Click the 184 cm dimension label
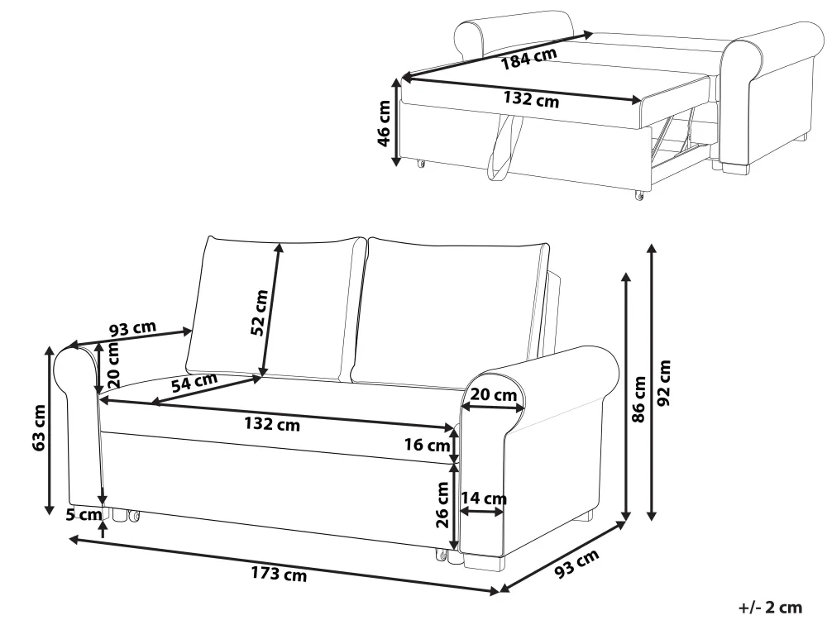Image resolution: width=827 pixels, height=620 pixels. pyautogui.click(x=528, y=59)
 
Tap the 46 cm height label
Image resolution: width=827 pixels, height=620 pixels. pyautogui.click(x=384, y=124)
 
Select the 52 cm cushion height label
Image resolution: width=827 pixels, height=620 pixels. pyautogui.click(x=260, y=312)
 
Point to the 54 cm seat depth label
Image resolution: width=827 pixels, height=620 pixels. pyautogui.click(x=194, y=382)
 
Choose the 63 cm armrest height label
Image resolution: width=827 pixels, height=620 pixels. pyautogui.click(x=40, y=427)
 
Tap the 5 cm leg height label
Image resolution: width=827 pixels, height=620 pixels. pyautogui.click(x=84, y=514)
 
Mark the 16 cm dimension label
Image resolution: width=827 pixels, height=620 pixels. pyautogui.click(x=428, y=445)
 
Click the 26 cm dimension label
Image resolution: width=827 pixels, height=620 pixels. pyautogui.click(x=442, y=504)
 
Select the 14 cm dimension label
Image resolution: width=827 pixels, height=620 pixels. pyautogui.click(x=484, y=498)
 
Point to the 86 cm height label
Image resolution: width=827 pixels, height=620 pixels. pyautogui.click(x=638, y=399)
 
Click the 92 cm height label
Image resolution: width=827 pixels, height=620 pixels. pyautogui.click(x=665, y=383)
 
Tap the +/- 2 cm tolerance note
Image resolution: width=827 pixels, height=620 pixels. pyautogui.click(x=770, y=608)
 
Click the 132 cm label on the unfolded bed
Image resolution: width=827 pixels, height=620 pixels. pyautogui.click(x=531, y=98)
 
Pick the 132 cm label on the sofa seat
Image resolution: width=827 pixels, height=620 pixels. pyautogui.click(x=272, y=424)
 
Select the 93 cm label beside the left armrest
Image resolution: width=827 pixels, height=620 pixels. pyautogui.click(x=133, y=329)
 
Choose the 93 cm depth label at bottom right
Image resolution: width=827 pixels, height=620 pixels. pyautogui.click(x=577, y=563)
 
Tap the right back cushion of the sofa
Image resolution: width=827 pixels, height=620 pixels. pyautogui.click(x=449, y=312)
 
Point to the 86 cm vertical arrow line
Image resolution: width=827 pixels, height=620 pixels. pyautogui.click(x=627, y=397)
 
